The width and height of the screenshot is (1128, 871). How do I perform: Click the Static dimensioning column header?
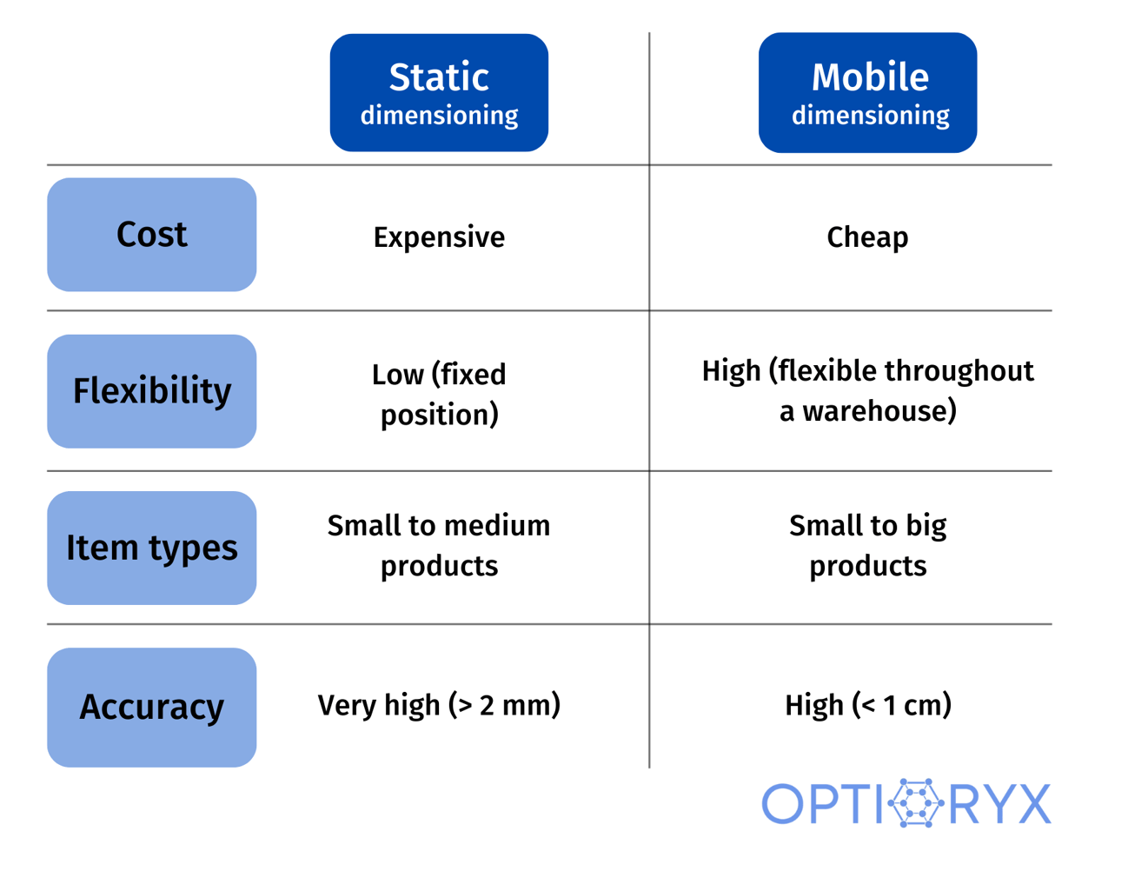tap(439, 92)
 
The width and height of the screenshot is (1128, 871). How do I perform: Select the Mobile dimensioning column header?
tap(867, 92)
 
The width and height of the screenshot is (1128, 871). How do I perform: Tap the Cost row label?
tap(152, 235)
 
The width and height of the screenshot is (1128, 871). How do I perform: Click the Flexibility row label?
tap(152, 391)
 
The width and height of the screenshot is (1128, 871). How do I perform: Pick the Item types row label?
tap(152, 548)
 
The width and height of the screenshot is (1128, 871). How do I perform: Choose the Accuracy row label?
tap(152, 707)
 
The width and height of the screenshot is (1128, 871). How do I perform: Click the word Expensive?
tap(439, 237)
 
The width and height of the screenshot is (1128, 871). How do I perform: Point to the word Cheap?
tap(867, 237)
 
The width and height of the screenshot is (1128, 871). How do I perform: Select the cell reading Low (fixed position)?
tap(439, 394)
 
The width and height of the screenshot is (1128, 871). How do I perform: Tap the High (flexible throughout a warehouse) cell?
tap(867, 390)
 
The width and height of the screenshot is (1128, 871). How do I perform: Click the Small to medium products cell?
tap(439, 545)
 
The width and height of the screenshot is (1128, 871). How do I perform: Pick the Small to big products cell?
tap(867, 545)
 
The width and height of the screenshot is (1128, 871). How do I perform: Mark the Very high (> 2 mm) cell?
tap(439, 705)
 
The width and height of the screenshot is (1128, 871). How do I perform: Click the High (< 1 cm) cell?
tap(867, 705)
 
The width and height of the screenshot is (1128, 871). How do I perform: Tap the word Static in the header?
tap(439, 77)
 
